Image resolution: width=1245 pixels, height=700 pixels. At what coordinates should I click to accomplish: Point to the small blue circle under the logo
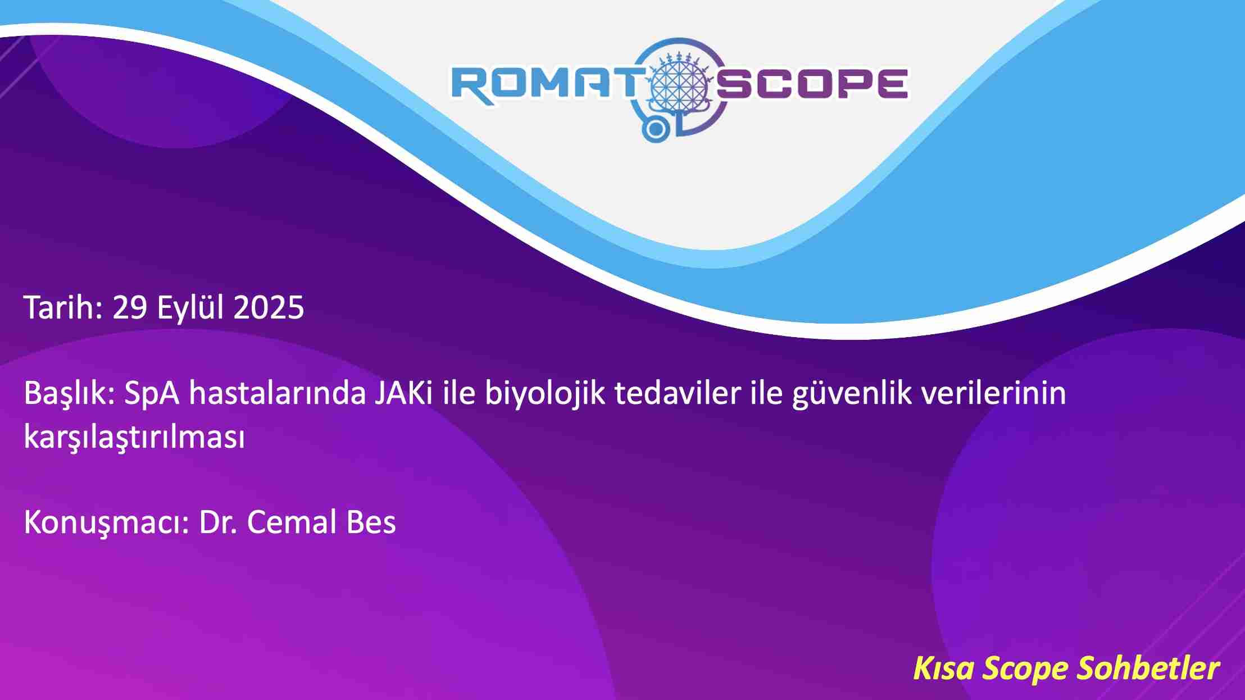(x=655, y=129)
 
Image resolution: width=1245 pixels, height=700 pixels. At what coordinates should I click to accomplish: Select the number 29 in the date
(x=130, y=308)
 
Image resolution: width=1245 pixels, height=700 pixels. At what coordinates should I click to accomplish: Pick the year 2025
(x=269, y=308)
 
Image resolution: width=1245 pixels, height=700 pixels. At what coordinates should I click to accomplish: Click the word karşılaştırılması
(x=134, y=437)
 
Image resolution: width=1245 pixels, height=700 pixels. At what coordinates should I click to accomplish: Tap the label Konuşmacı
(x=106, y=523)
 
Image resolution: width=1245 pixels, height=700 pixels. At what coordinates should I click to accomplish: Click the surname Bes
(x=371, y=522)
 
